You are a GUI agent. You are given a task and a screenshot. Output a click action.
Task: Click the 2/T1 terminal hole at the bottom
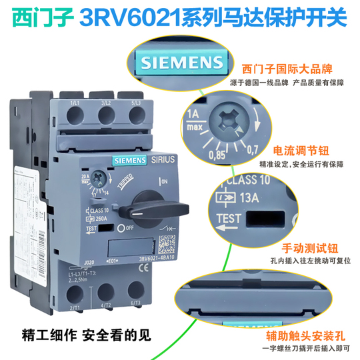(x=74, y=292)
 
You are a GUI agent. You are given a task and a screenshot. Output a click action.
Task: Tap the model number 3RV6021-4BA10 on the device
(x=143, y=258)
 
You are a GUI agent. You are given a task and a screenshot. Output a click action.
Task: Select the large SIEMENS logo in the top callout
(x=181, y=65)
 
